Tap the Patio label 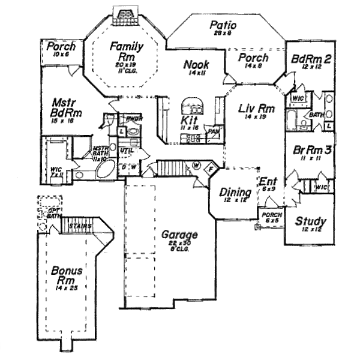[x=223, y=26]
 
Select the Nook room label [x=196, y=64]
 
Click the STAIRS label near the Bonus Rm [x=79, y=226]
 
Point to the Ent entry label [x=267, y=181]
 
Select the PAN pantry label [x=212, y=131]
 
